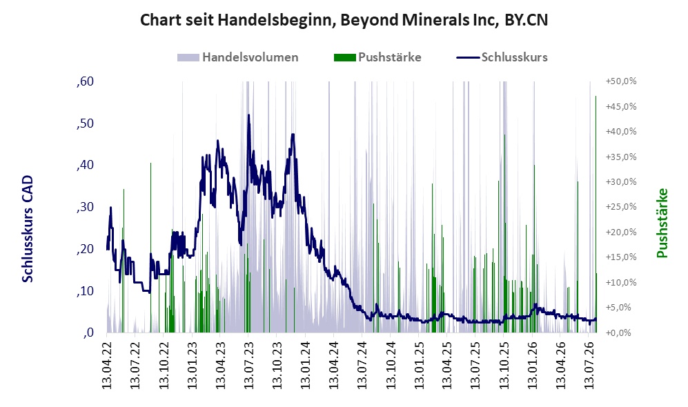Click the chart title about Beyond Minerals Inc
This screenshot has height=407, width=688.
344,20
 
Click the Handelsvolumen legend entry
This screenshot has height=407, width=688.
238,57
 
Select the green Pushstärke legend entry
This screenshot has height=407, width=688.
377,57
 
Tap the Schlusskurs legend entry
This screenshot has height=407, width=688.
502,57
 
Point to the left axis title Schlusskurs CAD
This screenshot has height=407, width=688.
28,228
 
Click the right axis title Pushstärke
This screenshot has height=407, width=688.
662,223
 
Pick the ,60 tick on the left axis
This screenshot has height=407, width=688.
85,81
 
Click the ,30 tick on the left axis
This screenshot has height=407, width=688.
85,206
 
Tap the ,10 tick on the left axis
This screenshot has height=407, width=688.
85,290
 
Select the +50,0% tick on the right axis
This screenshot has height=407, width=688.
621,81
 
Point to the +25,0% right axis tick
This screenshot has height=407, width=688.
621,206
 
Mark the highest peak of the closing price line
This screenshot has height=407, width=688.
249,115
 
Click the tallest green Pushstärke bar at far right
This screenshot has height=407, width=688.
596,214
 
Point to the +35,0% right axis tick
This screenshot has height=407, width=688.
621,157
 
